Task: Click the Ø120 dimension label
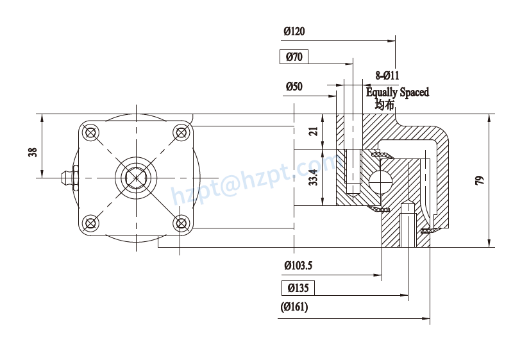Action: pos(294,31)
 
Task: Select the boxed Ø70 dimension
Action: pos(294,57)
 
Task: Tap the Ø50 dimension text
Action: pos(294,86)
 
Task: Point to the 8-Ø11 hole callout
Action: pos(387,76)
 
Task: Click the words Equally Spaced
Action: pos(398,92)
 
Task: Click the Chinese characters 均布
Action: pos(385,105)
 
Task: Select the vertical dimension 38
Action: pos(33,152)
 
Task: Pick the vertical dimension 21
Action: pos(314,132)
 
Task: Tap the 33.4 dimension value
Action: pos(314,178)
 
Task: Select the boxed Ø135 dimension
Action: pos(298,287)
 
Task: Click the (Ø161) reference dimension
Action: pos(294,307)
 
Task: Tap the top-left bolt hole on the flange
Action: pos(90,133)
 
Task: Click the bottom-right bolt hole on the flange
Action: pos(182,223)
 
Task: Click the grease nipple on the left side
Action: pos(66,177)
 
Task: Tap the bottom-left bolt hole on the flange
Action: pos(90,223)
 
